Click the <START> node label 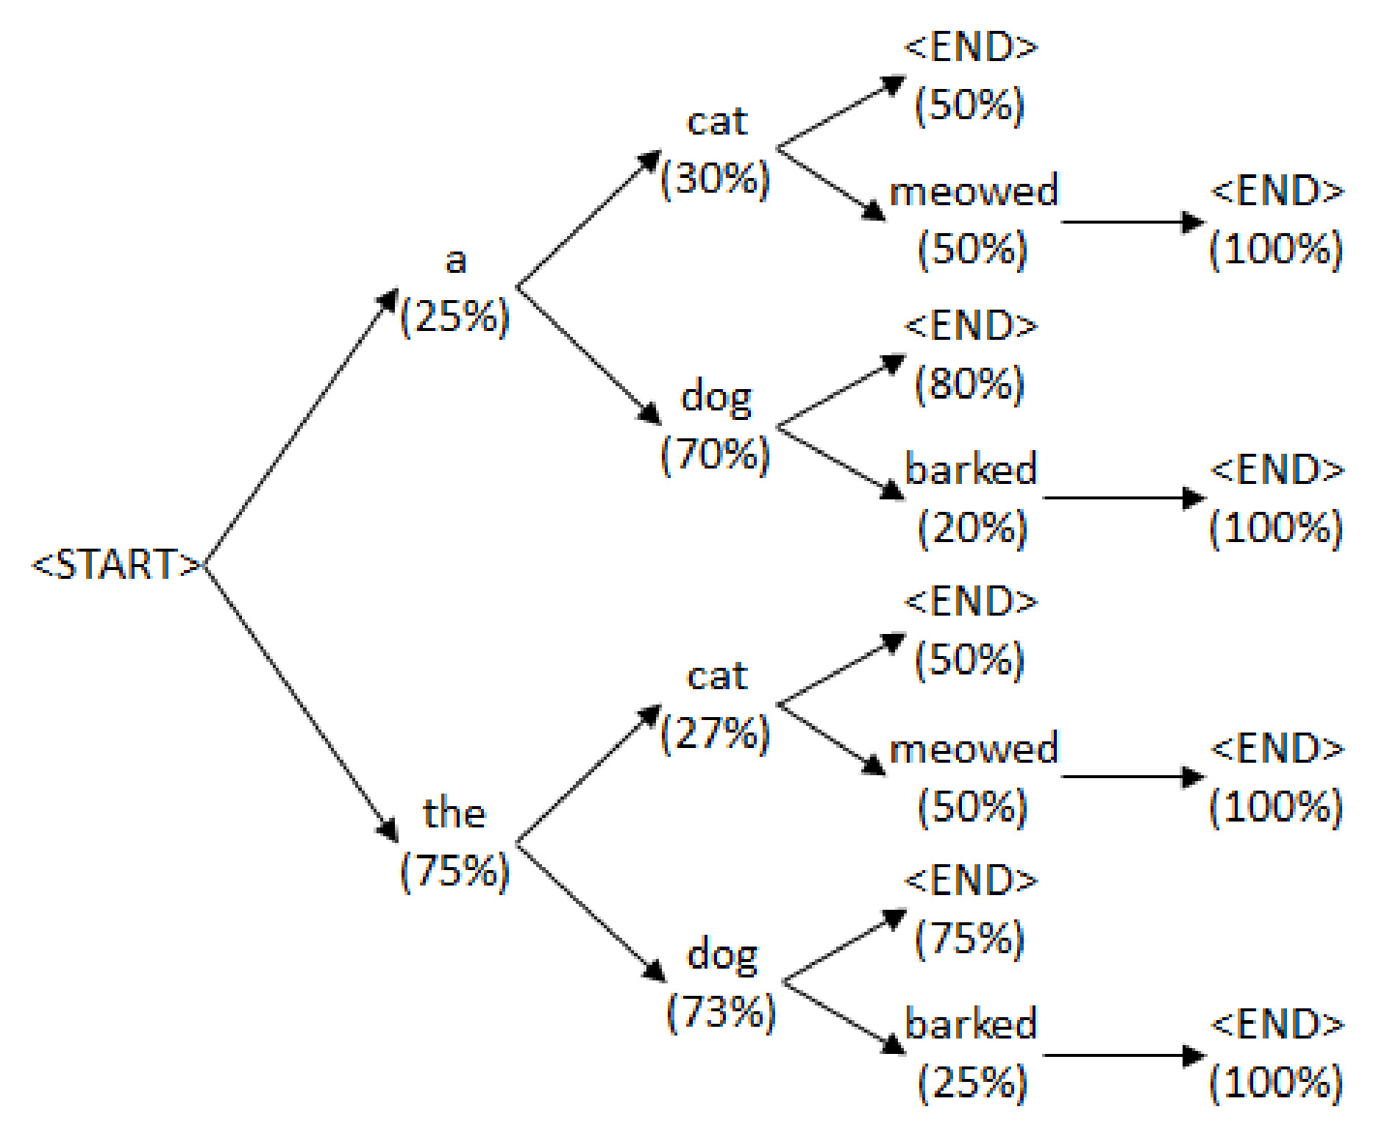116,565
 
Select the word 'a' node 456,261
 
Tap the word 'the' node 454,813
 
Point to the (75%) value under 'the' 454,871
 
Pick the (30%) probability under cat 716,179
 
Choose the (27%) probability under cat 716,733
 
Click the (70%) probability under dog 716,455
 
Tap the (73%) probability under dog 721,1013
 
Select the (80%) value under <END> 970,384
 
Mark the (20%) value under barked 972,528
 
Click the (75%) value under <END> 970,938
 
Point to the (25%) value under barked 972,1083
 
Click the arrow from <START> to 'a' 302,427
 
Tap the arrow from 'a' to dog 589,356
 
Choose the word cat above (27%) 717,677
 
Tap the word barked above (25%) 971,1025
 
